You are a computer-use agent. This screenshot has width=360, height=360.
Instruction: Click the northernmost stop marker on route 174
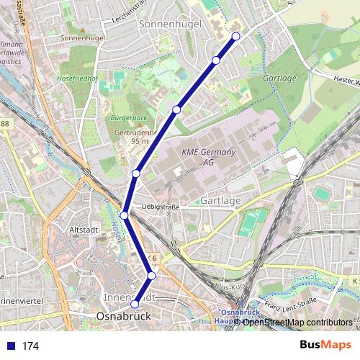coord(235,36)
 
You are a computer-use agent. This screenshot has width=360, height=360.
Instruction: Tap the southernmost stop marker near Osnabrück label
coord(134,304)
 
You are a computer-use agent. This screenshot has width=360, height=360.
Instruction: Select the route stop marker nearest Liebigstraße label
coord(125,215)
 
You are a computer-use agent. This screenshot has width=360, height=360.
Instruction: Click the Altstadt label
coord(81,229)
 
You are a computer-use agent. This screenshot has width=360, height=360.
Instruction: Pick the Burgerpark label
coord(127,117)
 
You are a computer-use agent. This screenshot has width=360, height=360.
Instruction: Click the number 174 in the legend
coord(30,346)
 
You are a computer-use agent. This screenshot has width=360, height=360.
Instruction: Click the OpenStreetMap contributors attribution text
coord(297,322)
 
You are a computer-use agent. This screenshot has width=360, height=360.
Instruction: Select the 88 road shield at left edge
coord(5,125)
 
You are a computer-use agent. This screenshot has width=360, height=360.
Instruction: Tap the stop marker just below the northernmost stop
coord(216,60)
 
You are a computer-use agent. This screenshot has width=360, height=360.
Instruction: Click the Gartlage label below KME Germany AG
coord(220,199)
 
